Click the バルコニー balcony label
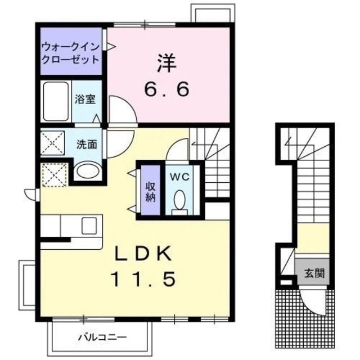click(102, 337)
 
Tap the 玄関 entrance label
click(314, 275)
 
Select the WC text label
click(180, 175)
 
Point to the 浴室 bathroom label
click(85, 100)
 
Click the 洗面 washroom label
click(87, 144)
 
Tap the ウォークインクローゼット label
click(71, 52)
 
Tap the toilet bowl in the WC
click(181, 200)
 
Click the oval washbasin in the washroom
click(87, 170)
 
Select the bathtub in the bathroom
click(55, 102)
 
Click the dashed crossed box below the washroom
click(56, 174)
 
